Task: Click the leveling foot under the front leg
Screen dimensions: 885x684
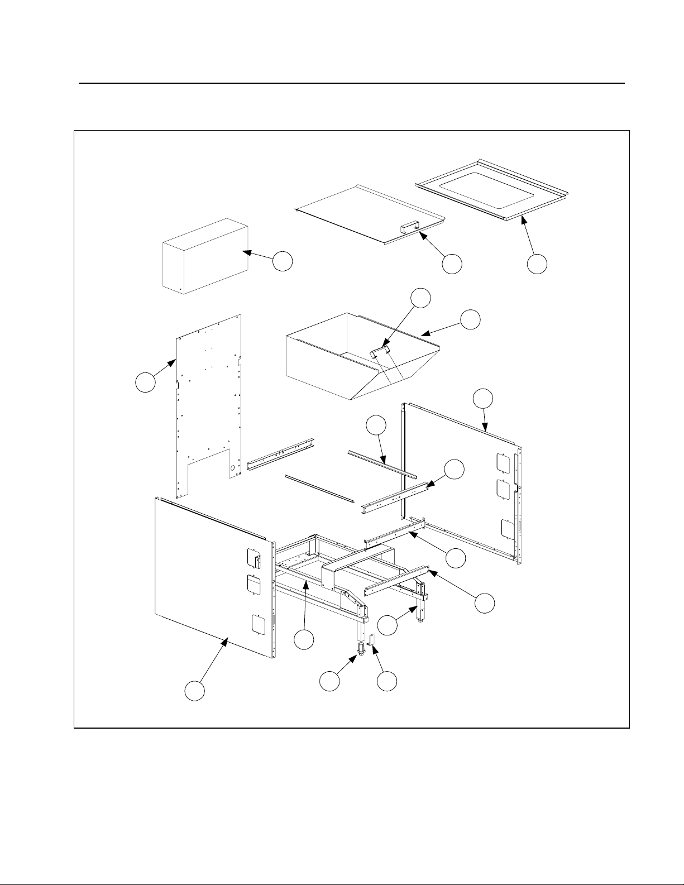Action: tap(361, 650)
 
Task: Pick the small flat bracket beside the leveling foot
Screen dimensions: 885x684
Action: tap(372, 641)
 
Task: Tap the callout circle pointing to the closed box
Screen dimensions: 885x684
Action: tap(283, 261)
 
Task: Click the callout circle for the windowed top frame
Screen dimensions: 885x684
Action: tap(537, 265)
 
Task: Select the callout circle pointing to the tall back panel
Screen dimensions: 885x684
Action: tap(146, 383)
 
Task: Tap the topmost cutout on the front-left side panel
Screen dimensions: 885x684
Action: tap(254, 558)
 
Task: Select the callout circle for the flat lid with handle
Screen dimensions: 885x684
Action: tap(452, 264)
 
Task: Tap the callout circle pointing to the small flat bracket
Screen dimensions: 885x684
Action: tap(386, 682)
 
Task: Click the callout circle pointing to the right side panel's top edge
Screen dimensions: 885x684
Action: tap(483, 399)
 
